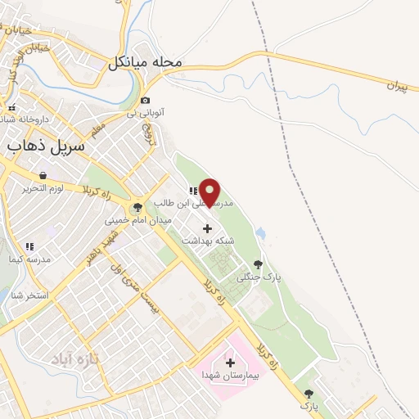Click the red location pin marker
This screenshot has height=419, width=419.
[x=210, y=191]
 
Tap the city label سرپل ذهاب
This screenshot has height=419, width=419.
[x=47, y=146]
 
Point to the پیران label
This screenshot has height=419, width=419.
[x=395, y=85]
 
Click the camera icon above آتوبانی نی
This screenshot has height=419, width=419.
[x=146, y=101]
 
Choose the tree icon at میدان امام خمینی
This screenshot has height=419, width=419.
[x=137, y=207]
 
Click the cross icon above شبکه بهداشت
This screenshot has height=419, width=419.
[x=207, y=228]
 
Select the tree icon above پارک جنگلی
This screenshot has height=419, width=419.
[x=259, y=264]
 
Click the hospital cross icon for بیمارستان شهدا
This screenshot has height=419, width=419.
[x=229, y=361]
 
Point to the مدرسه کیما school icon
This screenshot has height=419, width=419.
[x=29, y=246]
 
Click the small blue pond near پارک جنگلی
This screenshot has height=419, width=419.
[x=261, y=235]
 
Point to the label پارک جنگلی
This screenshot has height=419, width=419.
[x=259, y=277]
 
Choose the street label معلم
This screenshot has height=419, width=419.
[x=98, y=131]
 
